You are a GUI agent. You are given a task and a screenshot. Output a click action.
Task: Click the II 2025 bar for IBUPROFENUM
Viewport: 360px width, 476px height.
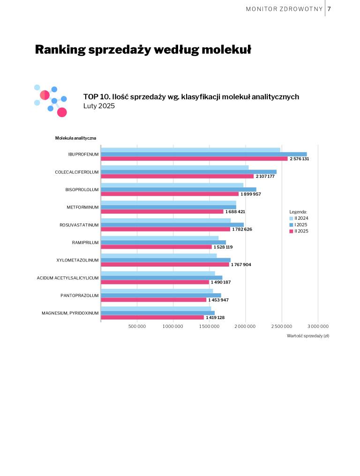pos(194,159)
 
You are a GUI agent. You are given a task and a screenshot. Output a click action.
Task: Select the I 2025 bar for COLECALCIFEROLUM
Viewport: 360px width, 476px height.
pos(188,172)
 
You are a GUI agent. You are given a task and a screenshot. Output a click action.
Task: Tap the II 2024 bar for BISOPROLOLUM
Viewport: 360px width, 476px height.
pos(172,185)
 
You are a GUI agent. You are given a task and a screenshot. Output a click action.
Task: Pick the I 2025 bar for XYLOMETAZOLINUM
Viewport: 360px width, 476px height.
pos(165,260)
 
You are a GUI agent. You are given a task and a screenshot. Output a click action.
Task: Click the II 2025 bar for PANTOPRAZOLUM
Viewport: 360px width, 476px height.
pos(153,300)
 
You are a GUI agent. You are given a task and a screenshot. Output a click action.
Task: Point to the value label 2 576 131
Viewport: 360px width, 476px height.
pos(299,159)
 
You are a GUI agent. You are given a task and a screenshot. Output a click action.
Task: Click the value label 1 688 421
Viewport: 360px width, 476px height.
pos(235,212)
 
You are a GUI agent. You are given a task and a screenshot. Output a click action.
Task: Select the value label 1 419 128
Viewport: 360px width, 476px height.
pos(215,318)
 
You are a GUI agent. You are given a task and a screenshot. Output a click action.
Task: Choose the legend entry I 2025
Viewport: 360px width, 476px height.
pos(301,225)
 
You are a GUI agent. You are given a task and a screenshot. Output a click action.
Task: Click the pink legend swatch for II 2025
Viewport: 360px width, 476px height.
pos(291,231)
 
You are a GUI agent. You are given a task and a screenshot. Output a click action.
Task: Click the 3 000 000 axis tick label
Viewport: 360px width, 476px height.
pos(317,326)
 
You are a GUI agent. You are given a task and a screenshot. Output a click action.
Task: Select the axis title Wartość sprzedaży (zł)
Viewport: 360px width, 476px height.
pos(307,336)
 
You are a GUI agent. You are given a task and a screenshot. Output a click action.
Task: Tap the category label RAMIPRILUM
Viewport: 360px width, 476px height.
pos(85,243)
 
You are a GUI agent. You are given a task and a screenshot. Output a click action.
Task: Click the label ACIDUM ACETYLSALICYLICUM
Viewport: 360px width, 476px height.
pos(68,278)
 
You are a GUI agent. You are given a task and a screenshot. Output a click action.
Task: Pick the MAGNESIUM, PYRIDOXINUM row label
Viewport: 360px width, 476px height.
pos(70,313)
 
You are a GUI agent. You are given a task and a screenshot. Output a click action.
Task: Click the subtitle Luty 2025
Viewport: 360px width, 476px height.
pos(99,106)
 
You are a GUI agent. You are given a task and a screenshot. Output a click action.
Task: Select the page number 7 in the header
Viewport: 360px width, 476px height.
pos(330,9)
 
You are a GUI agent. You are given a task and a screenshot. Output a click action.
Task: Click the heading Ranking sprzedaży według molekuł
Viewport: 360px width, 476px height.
pos(143,49)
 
